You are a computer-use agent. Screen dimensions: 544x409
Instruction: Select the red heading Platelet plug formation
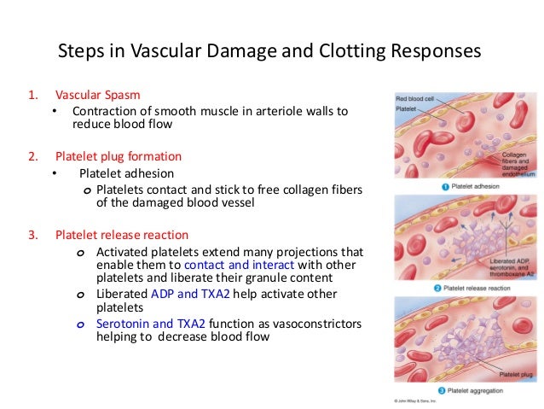[118, 157]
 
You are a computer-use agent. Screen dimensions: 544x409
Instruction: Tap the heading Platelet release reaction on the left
[121, 234]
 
